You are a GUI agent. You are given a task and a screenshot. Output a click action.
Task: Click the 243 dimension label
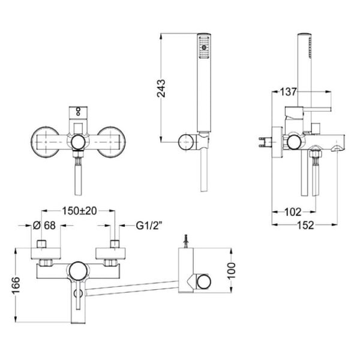coord(161,88)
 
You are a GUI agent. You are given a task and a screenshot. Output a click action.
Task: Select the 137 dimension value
coord(288,92)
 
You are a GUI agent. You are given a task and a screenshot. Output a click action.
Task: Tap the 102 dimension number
coord(293,212)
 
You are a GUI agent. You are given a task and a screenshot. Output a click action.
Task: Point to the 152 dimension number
coord(305,225)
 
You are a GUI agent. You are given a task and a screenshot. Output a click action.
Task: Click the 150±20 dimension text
coord(79,211)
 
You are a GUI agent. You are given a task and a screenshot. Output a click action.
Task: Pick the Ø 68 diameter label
coord(44,225)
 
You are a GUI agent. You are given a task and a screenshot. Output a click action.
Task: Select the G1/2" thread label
coord(149,226)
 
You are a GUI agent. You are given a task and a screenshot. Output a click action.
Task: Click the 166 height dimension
coord(16,285)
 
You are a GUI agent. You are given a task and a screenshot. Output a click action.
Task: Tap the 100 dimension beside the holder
coord(232,271)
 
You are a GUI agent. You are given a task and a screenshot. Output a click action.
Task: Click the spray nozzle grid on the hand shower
coord(204,47)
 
